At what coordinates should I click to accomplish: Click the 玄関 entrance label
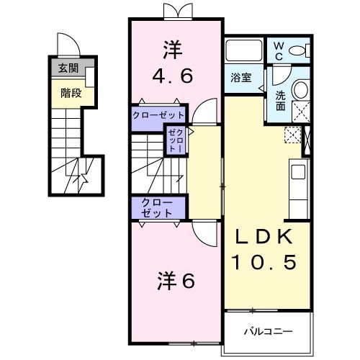click(68, 69)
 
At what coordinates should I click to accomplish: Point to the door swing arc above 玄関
click(67, 45)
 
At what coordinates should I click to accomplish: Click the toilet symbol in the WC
click(301, 50)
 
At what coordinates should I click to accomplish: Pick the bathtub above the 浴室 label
click(244, 52)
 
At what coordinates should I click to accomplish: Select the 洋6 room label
click(176, 282)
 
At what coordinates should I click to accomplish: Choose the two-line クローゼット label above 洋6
click(156, 208)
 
